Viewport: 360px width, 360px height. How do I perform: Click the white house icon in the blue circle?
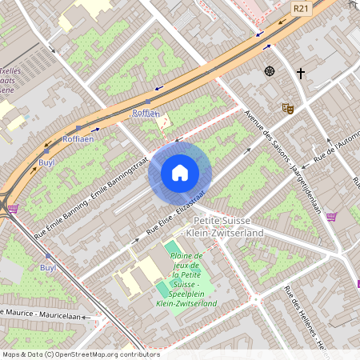(x=180, y=172)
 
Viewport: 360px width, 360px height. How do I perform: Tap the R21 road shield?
(x=301, y=8)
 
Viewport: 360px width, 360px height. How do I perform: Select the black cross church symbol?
(x=301, y=74)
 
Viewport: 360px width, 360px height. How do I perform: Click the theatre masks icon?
(x=287, y=107)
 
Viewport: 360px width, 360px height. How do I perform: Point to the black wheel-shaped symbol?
(x=270, y=71)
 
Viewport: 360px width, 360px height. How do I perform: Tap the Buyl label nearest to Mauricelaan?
(x=47, y=268)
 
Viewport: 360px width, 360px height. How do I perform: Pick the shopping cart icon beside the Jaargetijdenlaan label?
(x=331, y=215)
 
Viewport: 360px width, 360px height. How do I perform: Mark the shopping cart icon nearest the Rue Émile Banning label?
(x=12, y=209)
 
